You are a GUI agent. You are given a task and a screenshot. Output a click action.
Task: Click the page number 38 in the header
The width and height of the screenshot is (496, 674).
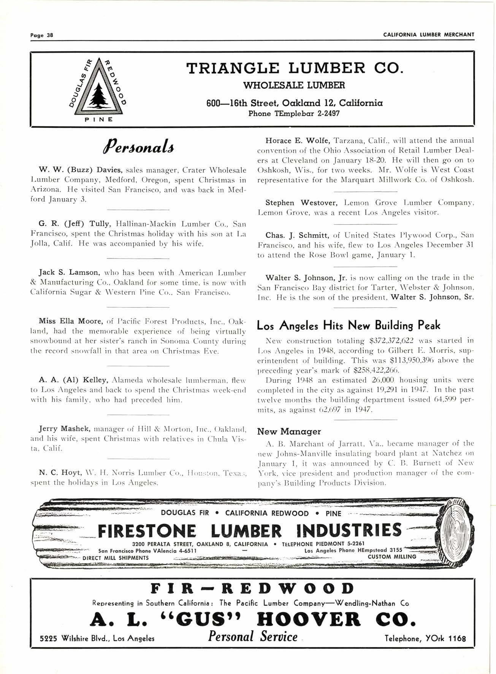(x=49, y=35)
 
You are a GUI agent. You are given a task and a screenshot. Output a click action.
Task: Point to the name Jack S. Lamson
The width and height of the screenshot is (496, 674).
(x=69, y=272)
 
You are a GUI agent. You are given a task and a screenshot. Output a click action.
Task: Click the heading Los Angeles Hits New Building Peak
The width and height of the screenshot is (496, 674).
(x=349, y=325)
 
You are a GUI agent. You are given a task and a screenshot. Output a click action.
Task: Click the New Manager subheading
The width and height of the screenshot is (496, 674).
(x=289, y=431)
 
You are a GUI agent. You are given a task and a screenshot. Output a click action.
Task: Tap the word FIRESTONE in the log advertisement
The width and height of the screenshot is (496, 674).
(x=147, y=531)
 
